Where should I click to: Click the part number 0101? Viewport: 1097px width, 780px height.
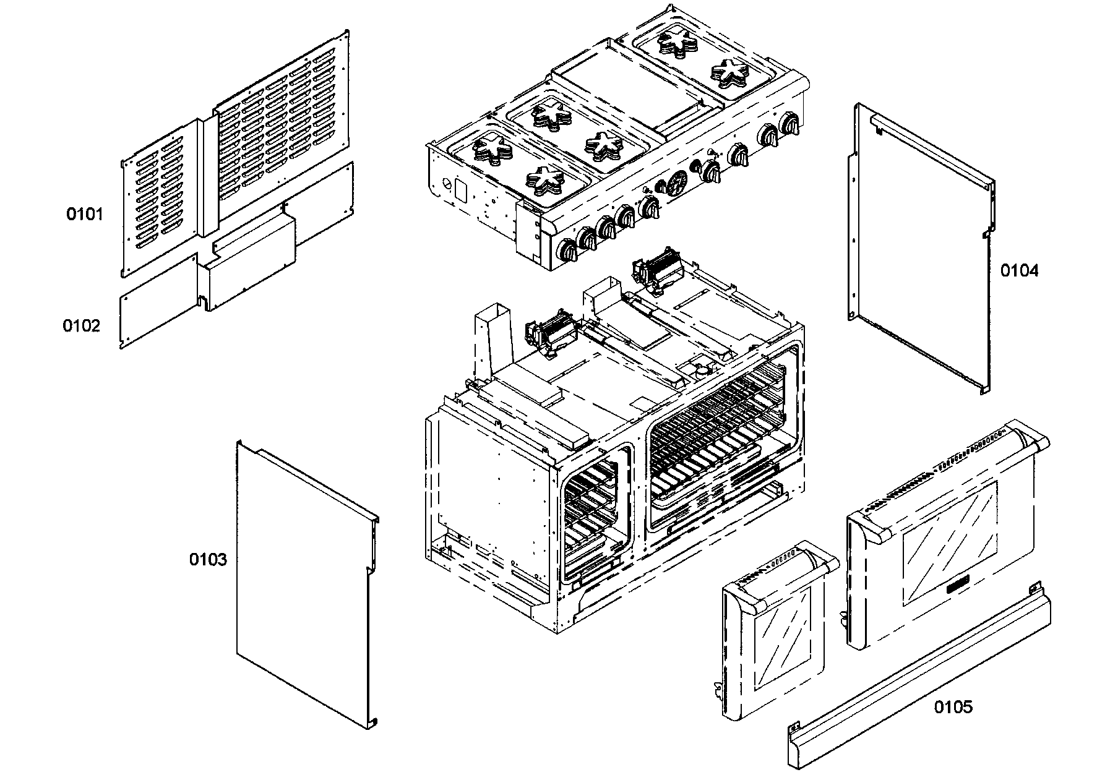[85, 215]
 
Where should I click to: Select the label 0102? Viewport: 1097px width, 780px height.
[81, 325]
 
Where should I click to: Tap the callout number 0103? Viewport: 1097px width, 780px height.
[208, 560]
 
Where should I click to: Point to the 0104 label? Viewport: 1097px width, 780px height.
[1020, 270]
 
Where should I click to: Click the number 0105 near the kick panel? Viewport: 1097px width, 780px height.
[953, 706]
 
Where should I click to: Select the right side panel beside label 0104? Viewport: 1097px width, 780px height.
[922, 247]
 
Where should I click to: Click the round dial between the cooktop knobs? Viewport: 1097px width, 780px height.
[676, 184]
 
